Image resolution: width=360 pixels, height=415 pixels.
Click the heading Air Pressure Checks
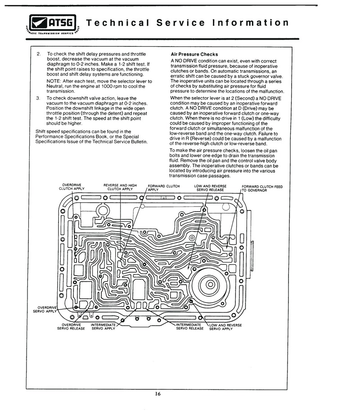pyautogui.click(x=194, y=54)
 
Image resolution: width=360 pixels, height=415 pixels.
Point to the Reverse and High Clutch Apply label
pyautogui.click(x=120, y=187)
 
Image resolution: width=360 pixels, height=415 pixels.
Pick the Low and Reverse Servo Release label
pyautogui.click(x=213, y=187)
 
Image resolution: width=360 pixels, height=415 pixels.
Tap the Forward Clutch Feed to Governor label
pyautogui.click(x=262, y=188)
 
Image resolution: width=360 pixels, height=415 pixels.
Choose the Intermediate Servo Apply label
pyautogui.click(x=104, y=326)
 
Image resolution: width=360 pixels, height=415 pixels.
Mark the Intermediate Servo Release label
pyautogui.click(x=190, y=326)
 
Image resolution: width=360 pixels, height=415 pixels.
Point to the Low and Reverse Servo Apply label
pyautogui.click(x=225, y=327)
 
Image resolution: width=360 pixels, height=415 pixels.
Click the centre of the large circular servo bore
pyautogui.click(x=210, y=284)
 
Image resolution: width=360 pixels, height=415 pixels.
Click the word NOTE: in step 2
pyautogui.click(x=54, y=81)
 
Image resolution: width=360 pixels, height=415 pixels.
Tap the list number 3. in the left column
pyautogui.click(x=38, y=98)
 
